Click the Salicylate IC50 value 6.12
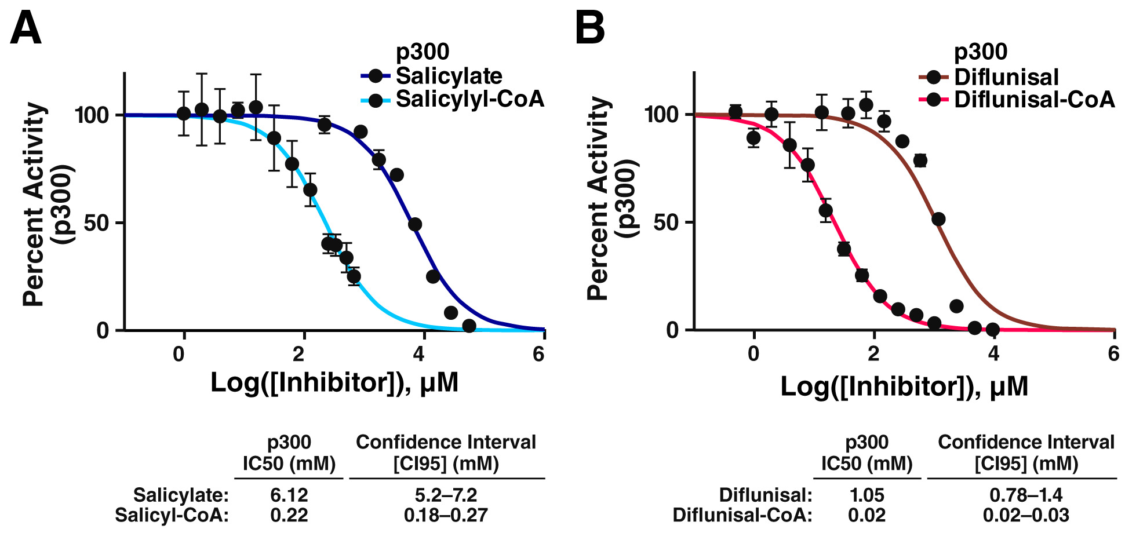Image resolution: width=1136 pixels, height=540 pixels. tap(289, 495)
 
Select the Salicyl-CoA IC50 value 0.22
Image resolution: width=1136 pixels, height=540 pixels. tap(289, 515)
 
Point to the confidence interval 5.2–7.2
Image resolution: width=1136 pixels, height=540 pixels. tap(446, 495)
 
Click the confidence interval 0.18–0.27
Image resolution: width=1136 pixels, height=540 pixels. tap(446, 515)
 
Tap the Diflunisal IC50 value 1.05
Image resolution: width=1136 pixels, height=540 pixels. tap(866, 495)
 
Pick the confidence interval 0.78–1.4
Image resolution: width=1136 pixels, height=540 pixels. tap(1026, 495)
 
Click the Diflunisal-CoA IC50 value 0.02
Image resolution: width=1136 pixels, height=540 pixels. tap(866, 515)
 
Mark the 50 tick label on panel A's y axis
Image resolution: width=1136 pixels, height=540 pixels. tap(96, 223)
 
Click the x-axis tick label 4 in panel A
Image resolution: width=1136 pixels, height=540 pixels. tap(419, 354)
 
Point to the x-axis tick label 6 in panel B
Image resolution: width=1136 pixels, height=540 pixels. tap(1113, 353)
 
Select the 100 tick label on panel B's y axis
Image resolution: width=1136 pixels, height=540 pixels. tap(661, 115)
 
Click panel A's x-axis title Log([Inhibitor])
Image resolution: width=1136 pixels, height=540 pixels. tap(334, 382)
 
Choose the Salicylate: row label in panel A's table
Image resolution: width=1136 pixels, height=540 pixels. tap(181, 495)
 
